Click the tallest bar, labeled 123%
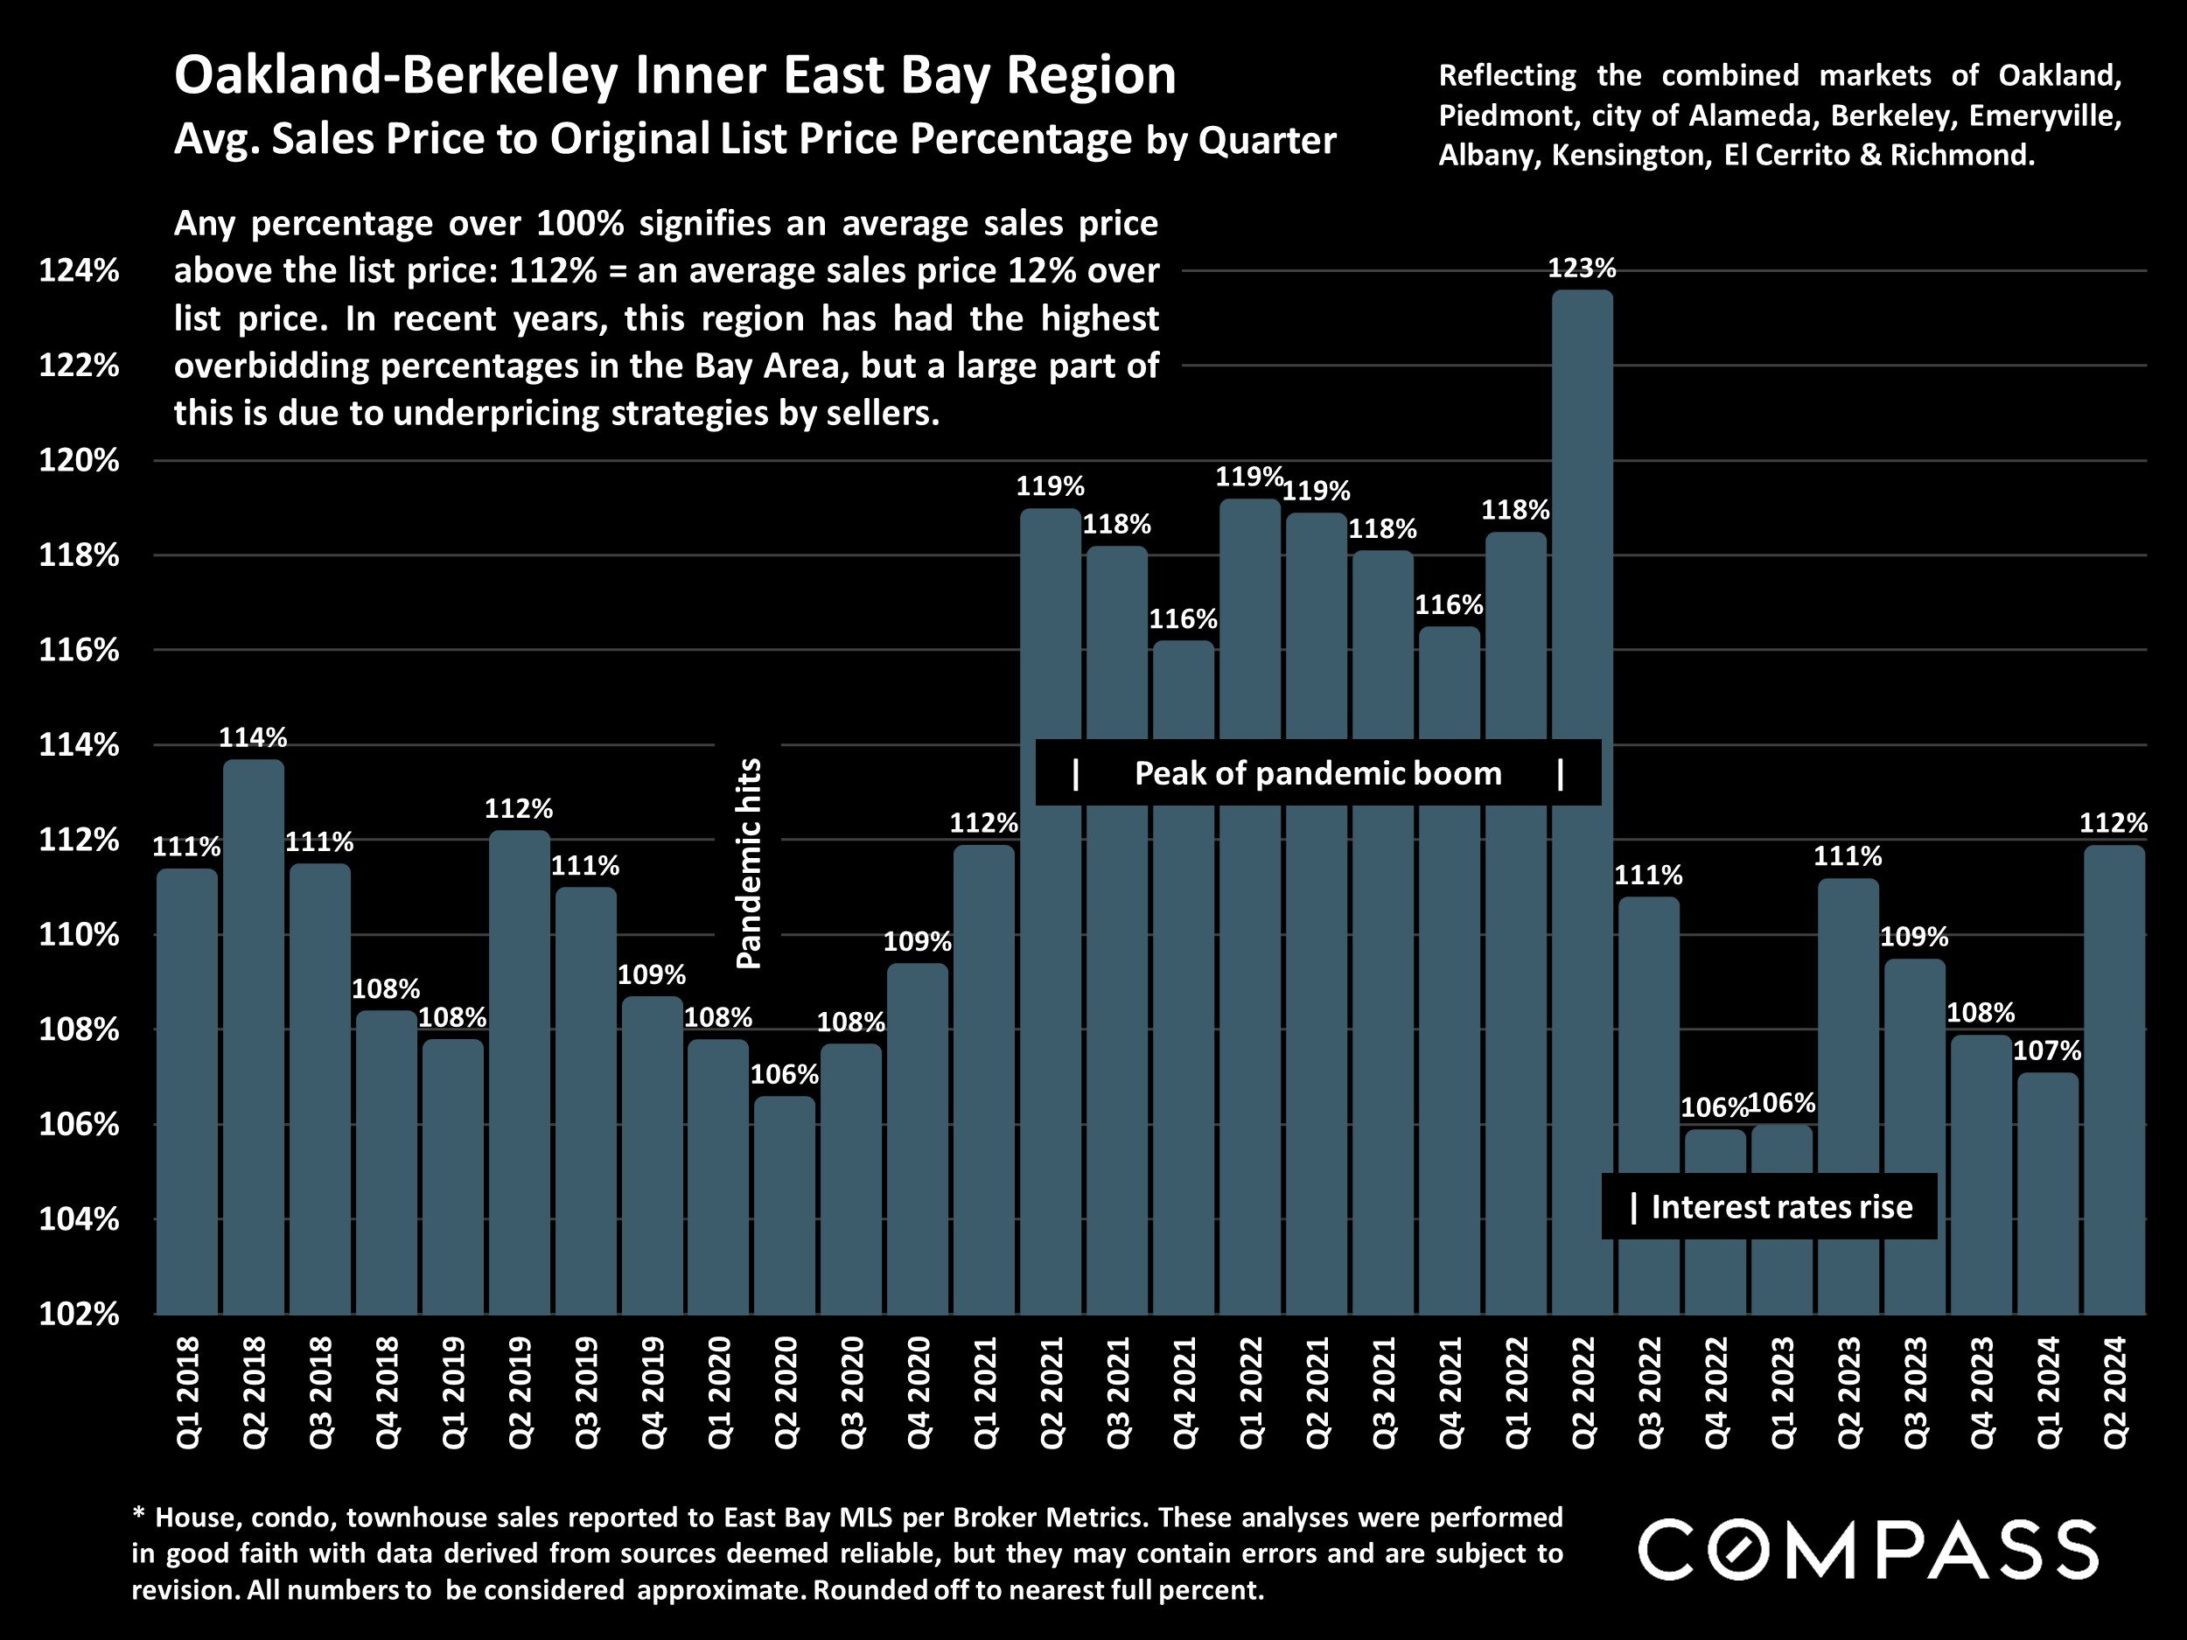click(1582, 800)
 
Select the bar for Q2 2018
click(253, 1038)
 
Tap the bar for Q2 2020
click(785, 1206)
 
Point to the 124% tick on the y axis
click(79, 271)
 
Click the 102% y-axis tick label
click(79, 1315)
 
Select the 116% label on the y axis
click(79, 651)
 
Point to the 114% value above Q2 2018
click(253, 737)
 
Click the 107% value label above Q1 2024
click(2048, 1050)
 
